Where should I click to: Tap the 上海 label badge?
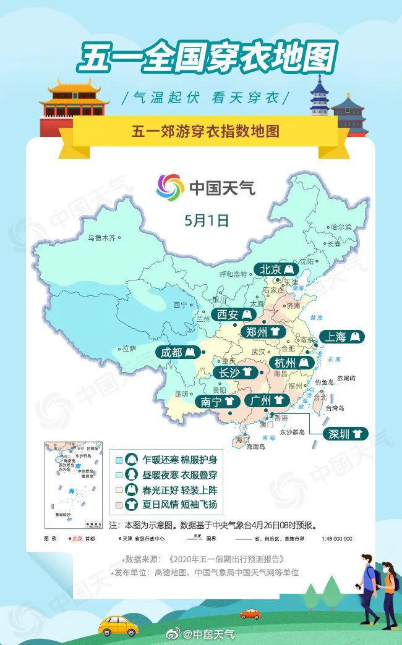[344, 337]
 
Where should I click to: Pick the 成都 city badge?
[177, 353]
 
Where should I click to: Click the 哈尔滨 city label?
[341, 227]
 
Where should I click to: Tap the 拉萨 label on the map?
[129, 348]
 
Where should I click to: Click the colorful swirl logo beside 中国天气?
[170, 186]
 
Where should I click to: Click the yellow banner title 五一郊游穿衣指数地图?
[205, 131]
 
